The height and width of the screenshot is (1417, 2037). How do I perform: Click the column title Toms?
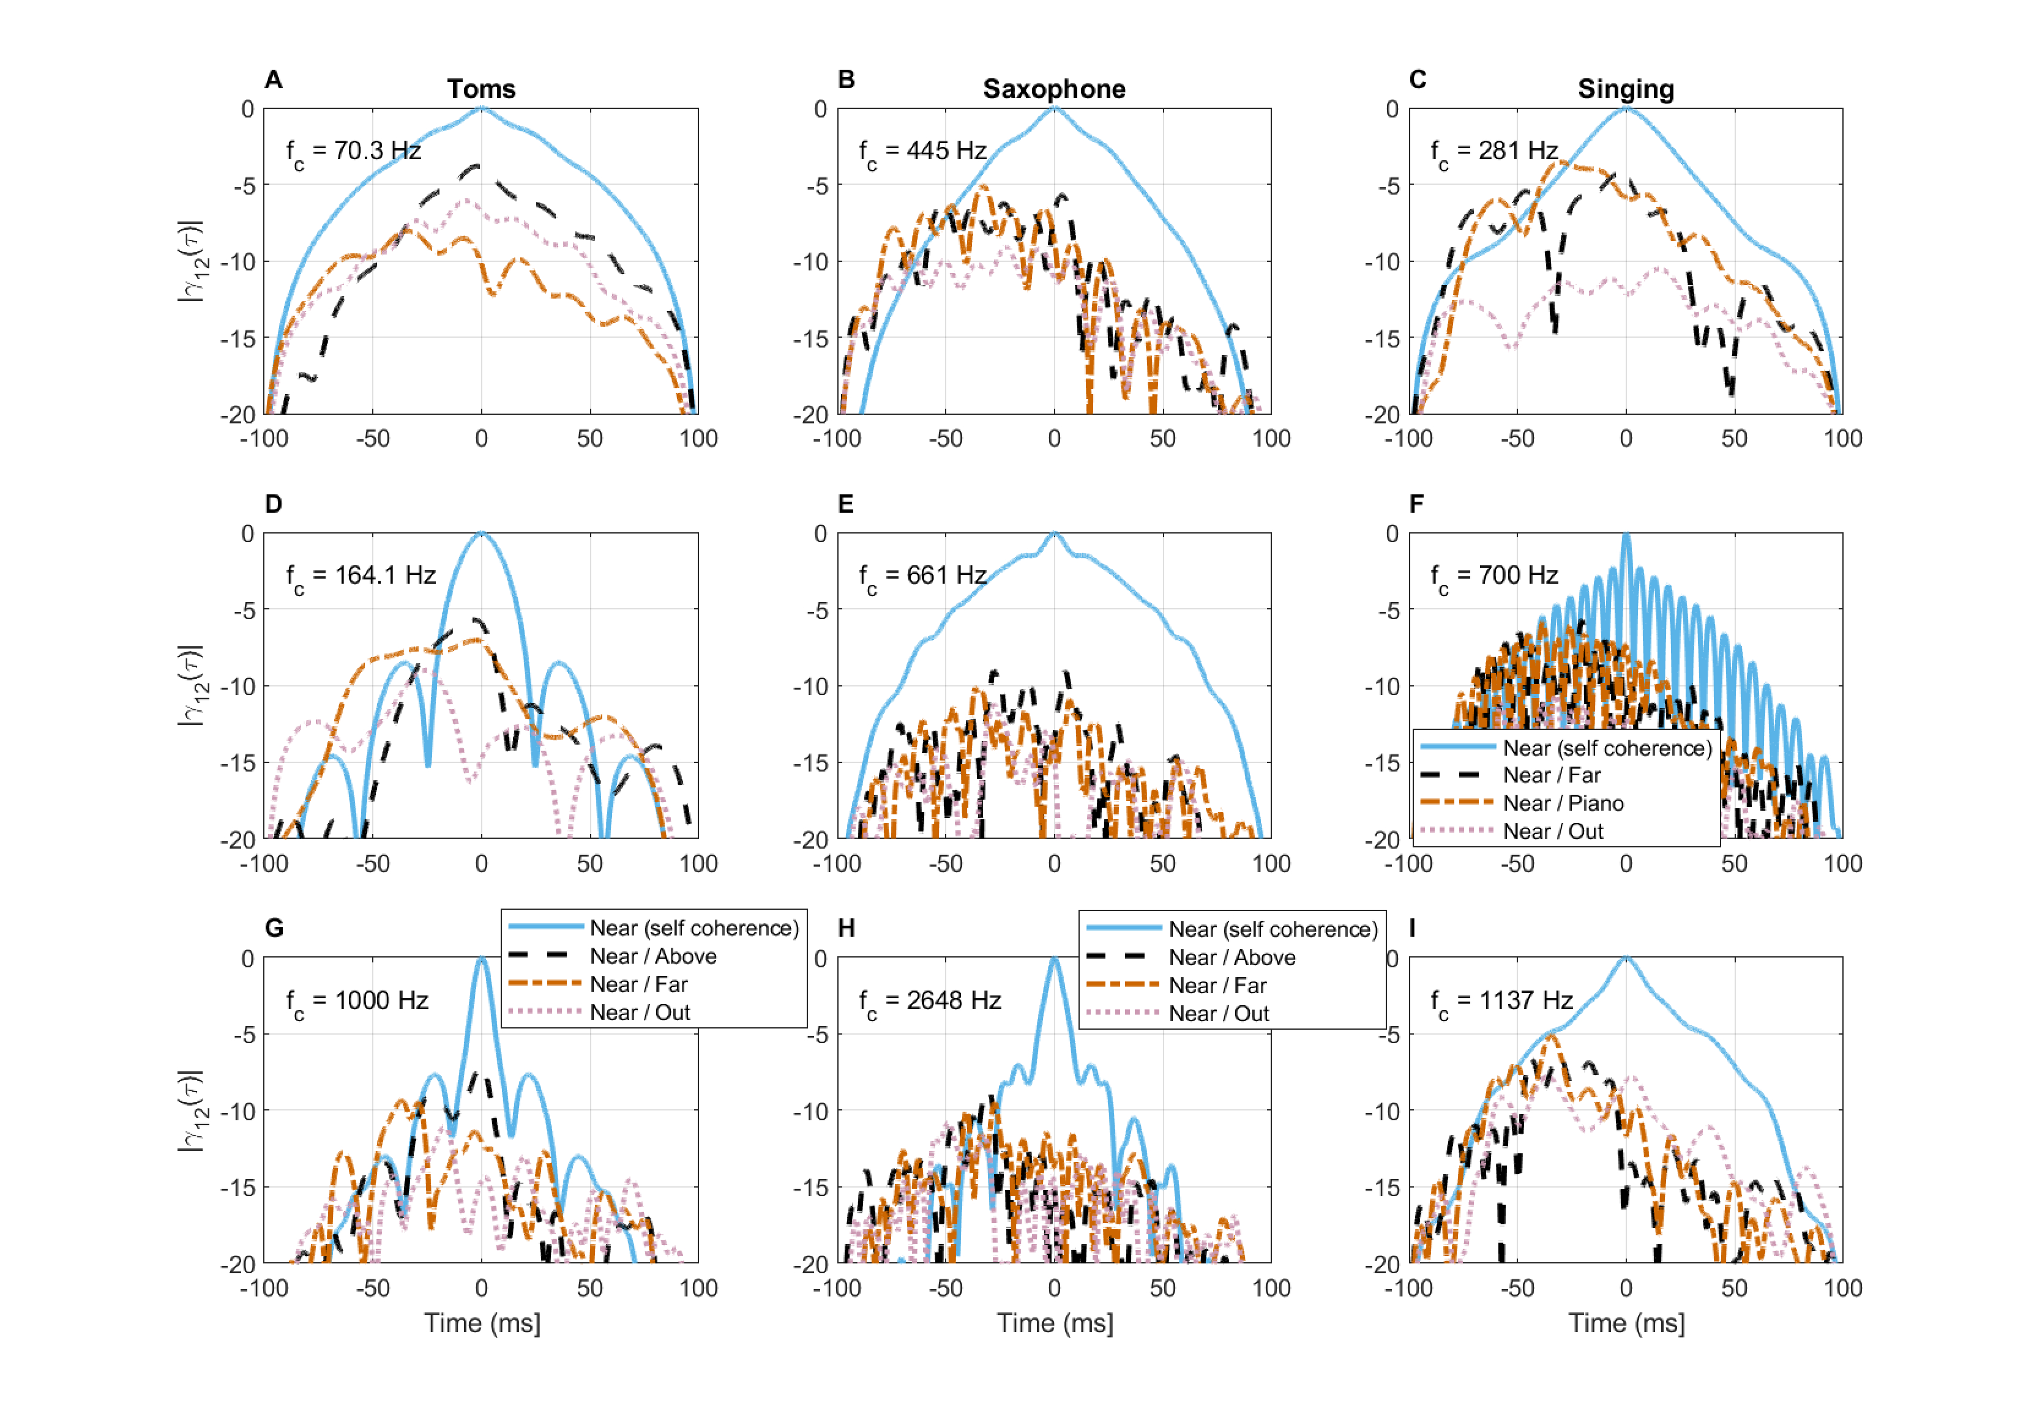tap(481, 89)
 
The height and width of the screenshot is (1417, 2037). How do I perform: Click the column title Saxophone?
tap(1054, 89)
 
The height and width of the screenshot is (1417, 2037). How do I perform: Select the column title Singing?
tap(1625, 89)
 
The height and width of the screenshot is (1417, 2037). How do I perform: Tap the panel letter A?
tap(273, 80)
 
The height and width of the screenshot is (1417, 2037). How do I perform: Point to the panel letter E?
tap(845, 505)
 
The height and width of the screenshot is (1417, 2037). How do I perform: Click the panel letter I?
tap(1413, 928)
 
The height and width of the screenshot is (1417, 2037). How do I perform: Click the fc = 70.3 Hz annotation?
tap(353, 152)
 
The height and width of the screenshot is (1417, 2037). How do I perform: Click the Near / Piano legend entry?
tap(1563, 803)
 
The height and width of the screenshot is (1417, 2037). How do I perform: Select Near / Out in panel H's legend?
tap(1219, 1014)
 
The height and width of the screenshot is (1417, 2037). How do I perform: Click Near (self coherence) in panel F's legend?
tap(1607, 748)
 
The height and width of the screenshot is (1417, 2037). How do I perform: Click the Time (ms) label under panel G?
tap(482, 1323)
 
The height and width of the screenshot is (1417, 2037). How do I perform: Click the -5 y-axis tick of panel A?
tap(245, 186)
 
